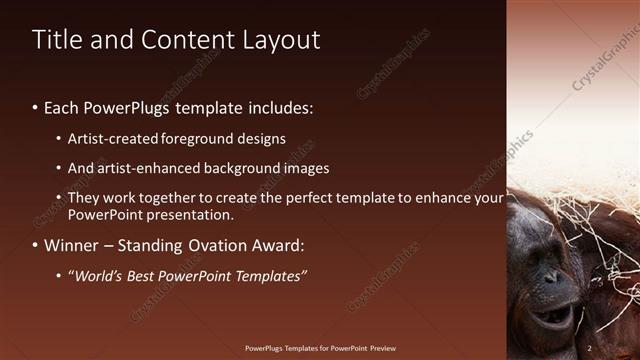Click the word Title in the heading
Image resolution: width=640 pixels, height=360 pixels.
click(56, 40)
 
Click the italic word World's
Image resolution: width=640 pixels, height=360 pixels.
click(102, 276)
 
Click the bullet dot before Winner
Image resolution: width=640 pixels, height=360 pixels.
click(36, 245)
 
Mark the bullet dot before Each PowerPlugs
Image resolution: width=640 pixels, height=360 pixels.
click(36, 106)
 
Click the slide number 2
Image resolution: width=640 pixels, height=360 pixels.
click(590, 348)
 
